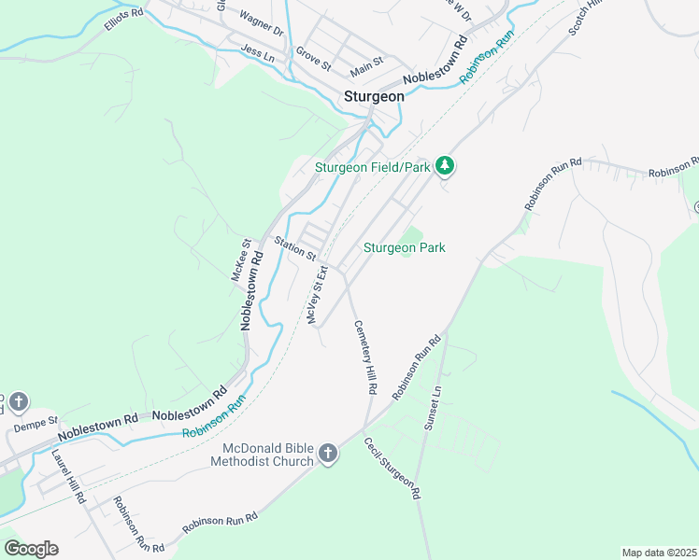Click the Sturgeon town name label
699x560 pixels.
[374, 95]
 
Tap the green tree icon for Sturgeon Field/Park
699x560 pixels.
[447, 166]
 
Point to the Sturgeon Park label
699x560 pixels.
[404, 247]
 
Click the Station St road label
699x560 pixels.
[296, 248]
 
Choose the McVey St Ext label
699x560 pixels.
[318, 294]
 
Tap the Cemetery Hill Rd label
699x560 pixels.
[364, 357]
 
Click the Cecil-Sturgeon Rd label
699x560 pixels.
[392, 468]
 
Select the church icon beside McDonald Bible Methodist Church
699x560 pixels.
[327, 454]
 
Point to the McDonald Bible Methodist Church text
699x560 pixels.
[261, 454]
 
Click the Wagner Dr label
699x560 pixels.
[261, 23]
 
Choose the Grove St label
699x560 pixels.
[313, 59]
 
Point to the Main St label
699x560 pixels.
[366, 64]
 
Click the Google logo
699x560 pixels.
[31, 548]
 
